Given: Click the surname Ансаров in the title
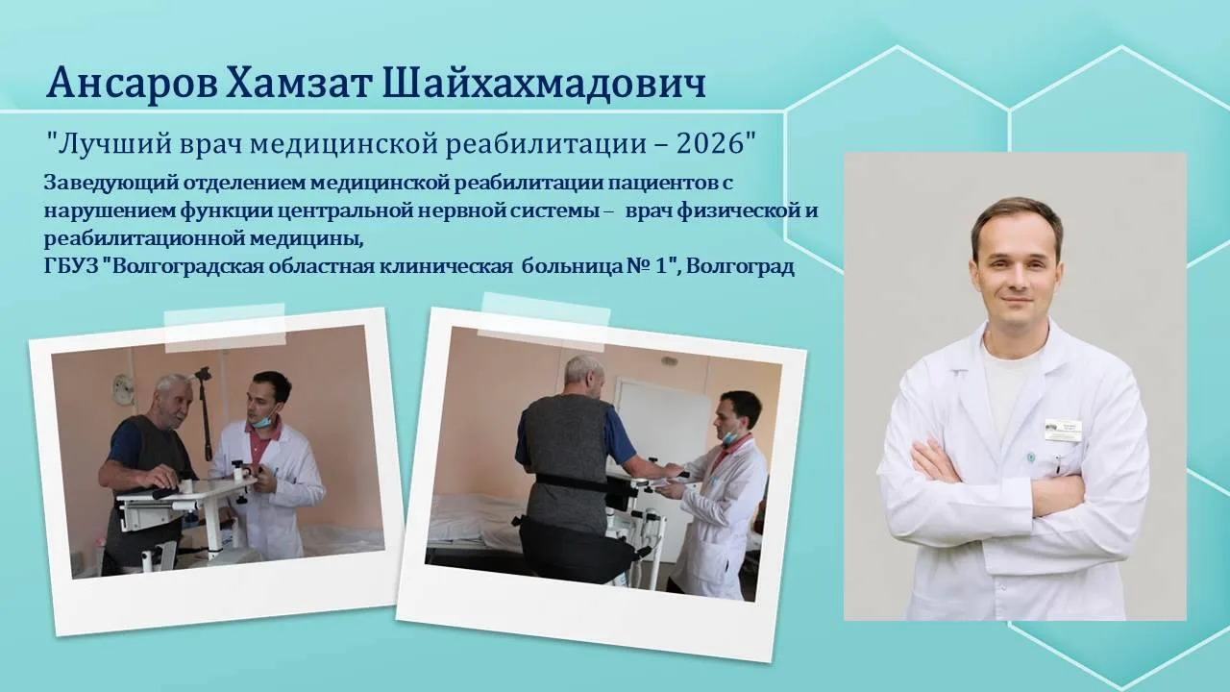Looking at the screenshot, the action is click(x=133, y=83).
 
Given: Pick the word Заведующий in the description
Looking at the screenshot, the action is click(x=110, y=184).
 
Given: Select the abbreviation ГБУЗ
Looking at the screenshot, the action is click(x=70, y=266).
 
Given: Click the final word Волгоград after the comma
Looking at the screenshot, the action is click(x=740, y=267).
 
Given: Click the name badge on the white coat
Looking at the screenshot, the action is click(x=1064, y=429).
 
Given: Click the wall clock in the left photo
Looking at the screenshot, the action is click(x=124, y=389).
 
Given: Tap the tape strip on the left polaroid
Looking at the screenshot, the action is click(x=226, y=328).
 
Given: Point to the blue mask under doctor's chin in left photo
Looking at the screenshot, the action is click(x=260, y=423).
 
